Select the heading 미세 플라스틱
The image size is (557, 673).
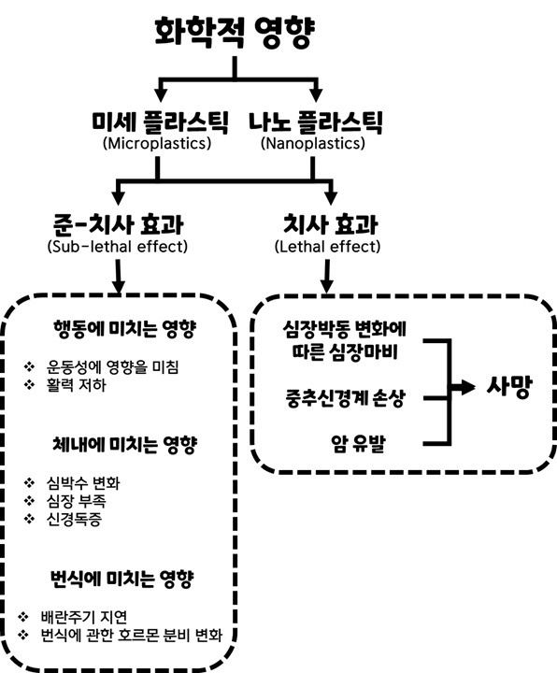[x=157, y=122]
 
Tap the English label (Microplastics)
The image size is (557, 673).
[x=157, y=145]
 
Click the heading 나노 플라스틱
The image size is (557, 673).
[x=317, y=122]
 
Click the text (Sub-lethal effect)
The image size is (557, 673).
[x=117, y=248]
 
